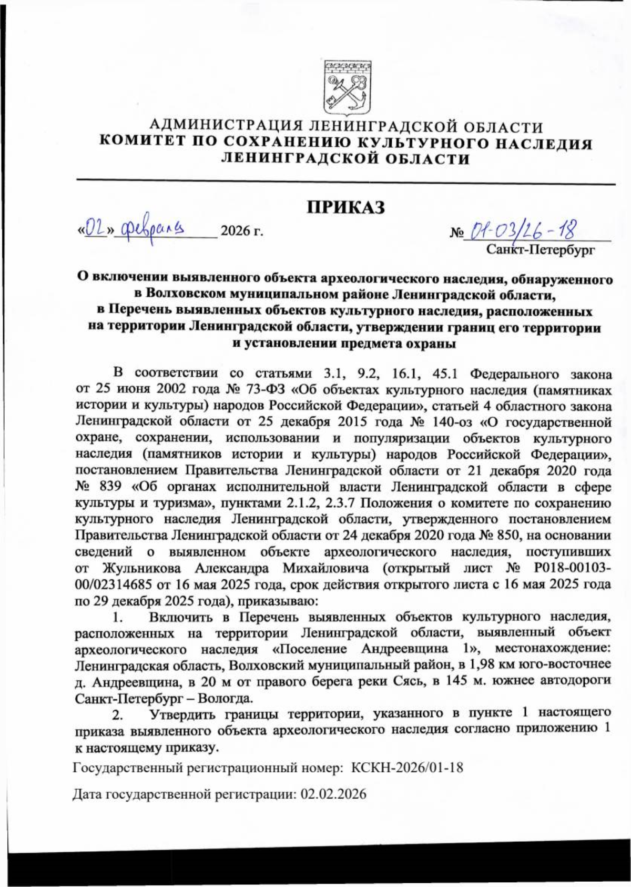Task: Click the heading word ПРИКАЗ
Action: click(346, 207)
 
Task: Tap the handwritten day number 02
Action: click(96, 229)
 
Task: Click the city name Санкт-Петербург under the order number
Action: click(541, 249)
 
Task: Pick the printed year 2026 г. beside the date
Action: click(241, 231)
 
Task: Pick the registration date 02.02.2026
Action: click(333, 794)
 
